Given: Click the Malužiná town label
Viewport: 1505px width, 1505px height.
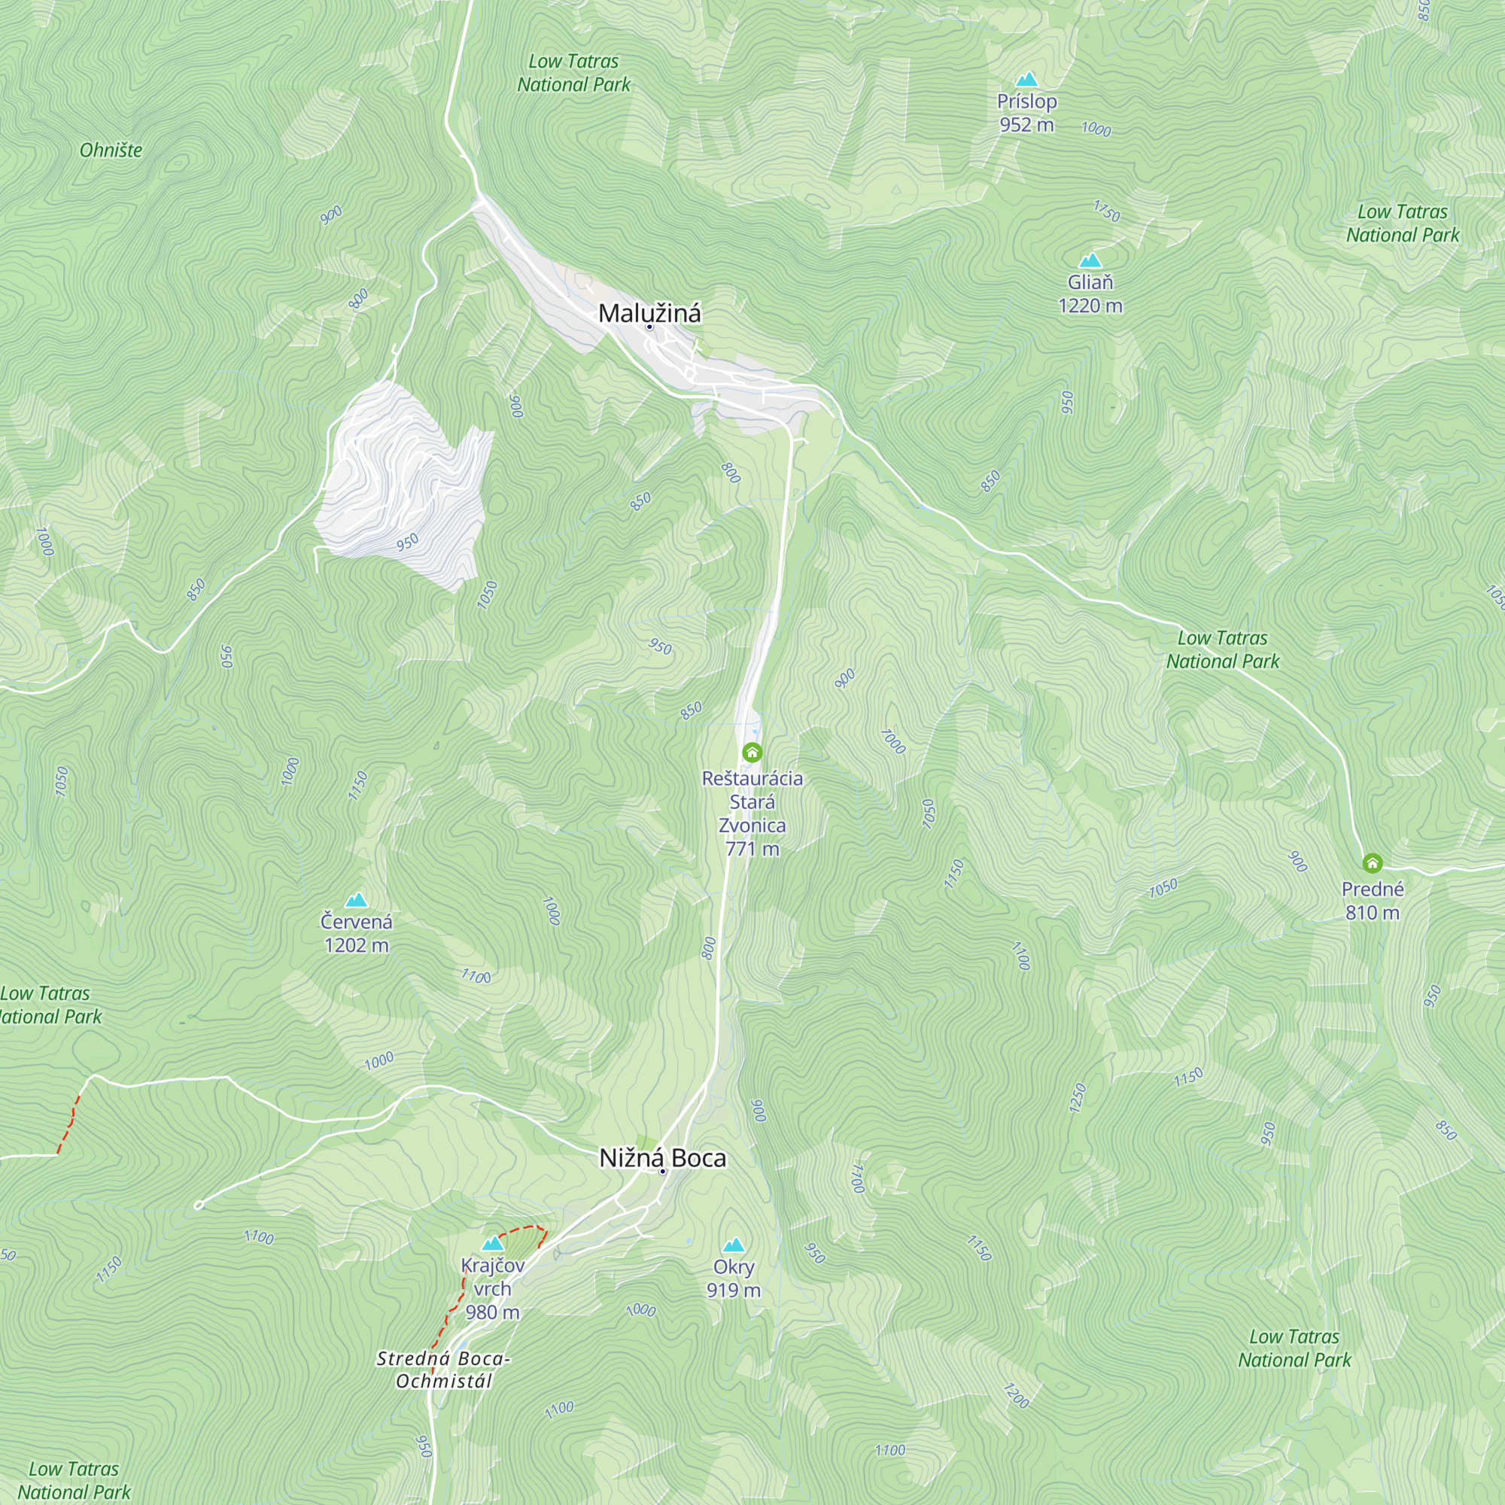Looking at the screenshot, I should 649,313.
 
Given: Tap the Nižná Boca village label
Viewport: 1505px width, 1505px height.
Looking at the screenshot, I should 662,1157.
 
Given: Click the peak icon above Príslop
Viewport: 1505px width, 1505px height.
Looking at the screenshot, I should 1026,80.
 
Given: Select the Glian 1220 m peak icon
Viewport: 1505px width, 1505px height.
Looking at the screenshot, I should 1090,260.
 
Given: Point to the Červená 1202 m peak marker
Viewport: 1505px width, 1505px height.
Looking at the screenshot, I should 356,901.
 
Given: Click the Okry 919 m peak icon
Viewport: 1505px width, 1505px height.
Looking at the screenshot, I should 733,1245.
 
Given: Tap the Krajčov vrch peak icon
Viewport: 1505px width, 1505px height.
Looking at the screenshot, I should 492,1243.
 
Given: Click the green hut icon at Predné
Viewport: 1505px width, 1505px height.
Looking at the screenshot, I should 1372,863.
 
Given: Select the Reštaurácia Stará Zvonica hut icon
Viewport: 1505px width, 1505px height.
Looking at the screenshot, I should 752,752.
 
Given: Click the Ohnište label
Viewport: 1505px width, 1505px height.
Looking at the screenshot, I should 111,150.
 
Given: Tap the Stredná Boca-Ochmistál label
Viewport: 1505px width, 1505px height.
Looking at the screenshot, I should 443,1370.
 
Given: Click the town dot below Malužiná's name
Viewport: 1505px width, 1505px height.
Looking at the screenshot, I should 649,327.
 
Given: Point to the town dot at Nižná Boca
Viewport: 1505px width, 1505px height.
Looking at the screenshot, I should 662,1171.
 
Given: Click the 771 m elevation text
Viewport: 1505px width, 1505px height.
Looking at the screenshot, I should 752,849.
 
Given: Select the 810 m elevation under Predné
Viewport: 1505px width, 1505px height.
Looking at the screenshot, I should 1372,913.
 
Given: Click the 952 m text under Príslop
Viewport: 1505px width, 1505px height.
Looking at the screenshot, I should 1026,125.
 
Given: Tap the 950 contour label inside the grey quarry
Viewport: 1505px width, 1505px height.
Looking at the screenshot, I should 407,542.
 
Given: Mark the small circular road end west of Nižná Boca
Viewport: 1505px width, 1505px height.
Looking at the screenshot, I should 199,1205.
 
